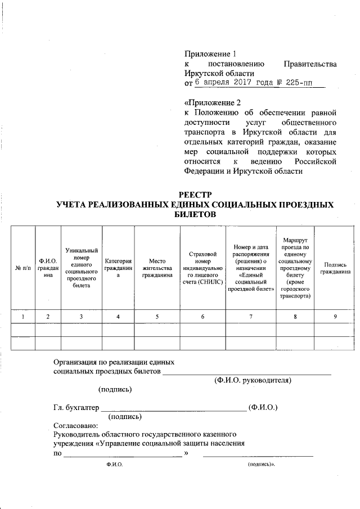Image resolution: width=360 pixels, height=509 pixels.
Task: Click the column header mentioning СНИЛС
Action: click(x=202, y=268)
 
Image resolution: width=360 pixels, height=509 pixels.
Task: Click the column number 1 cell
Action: click(x=22, y=317)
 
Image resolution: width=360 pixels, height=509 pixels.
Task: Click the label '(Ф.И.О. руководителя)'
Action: click(x=253, y=380)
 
